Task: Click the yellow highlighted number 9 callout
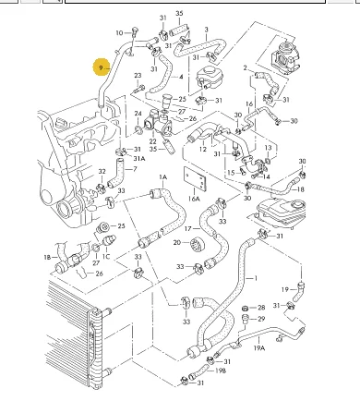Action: (101, 67)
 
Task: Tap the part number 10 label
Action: (119, 33)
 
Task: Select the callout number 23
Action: (138, 76)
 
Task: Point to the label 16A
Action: (194, 199)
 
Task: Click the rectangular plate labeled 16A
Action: (195, 179)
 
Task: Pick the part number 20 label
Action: (177, 243)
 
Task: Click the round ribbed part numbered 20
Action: (198, 244)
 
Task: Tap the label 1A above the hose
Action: (163, 177)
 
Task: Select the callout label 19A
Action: (259, 348)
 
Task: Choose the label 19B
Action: (221, 371)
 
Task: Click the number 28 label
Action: (261, 308)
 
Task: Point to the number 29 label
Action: (261, 319)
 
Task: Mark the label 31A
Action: (139, 159)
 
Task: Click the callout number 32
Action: (102, 172)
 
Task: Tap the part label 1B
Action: (47, 257)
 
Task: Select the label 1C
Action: (106, 257)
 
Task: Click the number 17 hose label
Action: (188, 229)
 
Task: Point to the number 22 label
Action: (153, 141)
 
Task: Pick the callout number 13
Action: (268, 148)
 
